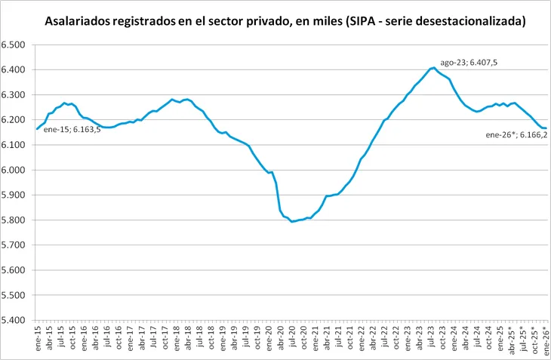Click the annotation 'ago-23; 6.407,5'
467,63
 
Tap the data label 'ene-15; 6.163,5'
70,130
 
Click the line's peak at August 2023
433,68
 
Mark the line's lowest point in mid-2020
292,221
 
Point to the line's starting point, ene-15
37,129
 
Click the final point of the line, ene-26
546,128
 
